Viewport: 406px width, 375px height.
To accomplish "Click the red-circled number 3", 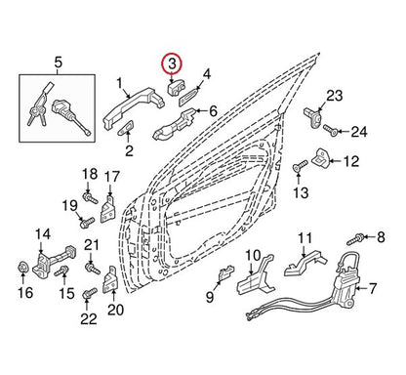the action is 172,62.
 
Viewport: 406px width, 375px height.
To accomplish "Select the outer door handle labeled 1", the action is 134,106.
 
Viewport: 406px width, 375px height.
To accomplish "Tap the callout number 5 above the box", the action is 58,62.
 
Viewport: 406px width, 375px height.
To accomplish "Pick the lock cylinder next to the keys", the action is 71,116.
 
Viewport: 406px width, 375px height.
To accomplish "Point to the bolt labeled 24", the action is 330,131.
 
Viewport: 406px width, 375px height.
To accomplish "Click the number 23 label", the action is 335,96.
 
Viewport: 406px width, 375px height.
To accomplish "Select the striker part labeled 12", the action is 321,157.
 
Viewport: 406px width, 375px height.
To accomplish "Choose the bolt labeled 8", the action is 355,239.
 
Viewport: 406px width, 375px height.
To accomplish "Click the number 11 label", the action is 304,238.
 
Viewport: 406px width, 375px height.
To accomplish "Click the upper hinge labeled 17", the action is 107,208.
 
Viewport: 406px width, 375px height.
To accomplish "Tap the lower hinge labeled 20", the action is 110,279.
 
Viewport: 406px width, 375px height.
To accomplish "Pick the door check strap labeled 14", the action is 54,261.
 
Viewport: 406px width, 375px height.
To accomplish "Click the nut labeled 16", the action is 22,268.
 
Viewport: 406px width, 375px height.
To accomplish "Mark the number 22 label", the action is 89,318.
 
